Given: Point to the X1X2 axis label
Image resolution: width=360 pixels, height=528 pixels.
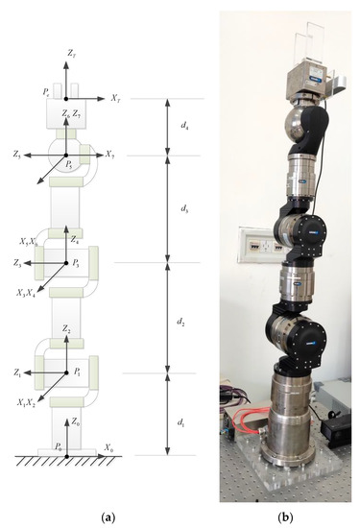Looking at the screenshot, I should point(21,402).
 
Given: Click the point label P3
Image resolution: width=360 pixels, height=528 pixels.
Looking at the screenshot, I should point(77,260).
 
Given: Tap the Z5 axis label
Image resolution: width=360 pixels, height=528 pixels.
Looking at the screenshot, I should point(17,154).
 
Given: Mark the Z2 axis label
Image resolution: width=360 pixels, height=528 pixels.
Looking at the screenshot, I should point(66,329).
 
